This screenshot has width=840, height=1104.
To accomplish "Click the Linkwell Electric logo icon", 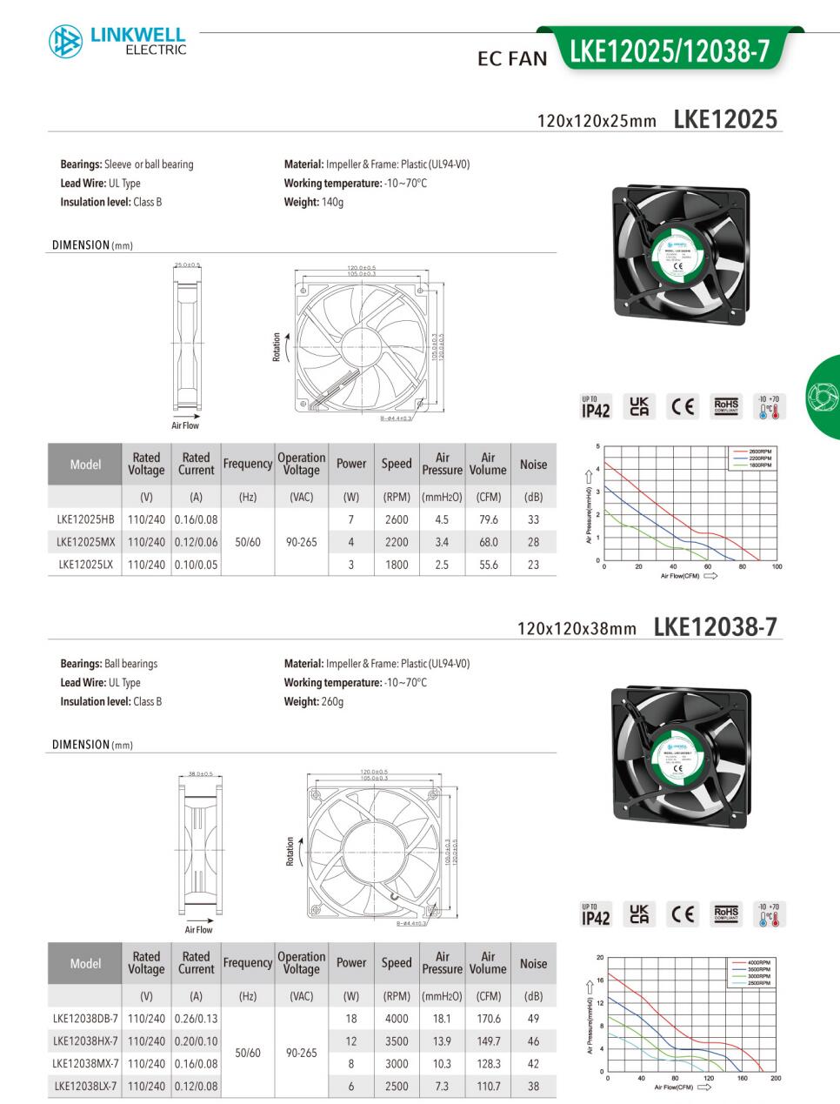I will click(x=65, y=42).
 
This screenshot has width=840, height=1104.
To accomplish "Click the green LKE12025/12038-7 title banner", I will click(x=670, y=52).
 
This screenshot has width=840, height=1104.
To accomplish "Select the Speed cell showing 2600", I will click(x=397, y=519).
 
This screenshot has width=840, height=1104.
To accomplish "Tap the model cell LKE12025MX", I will click(x=85, y=542).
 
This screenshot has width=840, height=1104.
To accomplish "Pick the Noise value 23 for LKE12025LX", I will click(x=533, y=565).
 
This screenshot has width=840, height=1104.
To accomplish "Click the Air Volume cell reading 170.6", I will click(x=489, y=1019).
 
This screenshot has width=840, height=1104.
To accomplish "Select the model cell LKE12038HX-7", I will click(x=85, y=1041).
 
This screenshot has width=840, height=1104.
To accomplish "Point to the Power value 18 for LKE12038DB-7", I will click(x=351, y=1019).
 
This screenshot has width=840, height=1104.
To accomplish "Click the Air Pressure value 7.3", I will click(x=442, y=1087).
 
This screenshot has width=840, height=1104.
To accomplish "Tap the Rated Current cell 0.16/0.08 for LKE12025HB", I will click(x=196, y=519).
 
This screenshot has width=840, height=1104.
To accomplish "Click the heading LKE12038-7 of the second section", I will click(x=715, y=626).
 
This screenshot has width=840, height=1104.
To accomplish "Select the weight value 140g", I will click(x=333, y=203).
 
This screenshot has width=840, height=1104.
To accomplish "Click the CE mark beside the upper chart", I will click(x=683, y=406).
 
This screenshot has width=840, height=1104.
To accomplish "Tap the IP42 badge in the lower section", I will click(x=596, y=914).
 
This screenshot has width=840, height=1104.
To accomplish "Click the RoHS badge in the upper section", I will click(x=726, y=405).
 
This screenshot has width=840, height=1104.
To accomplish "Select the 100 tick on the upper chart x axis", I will click(x=777, y=567).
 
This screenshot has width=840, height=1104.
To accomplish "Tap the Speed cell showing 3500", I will click(x=397, y=1041).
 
